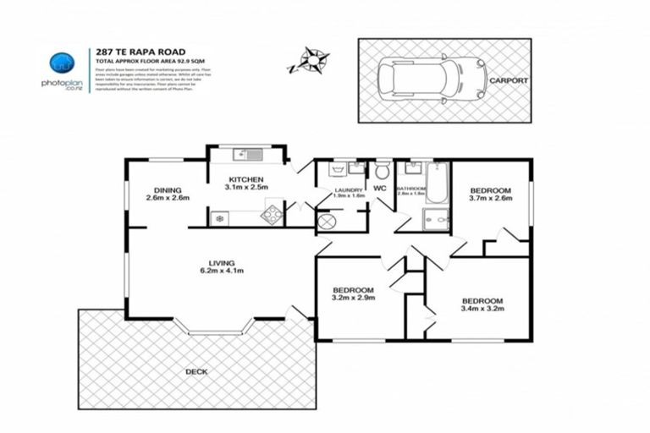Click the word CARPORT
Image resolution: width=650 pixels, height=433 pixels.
coord(507,81)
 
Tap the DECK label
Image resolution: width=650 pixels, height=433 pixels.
coord(196,371)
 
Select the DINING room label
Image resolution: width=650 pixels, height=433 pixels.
coord(168,189)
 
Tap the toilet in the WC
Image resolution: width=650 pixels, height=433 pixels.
coord(381,170)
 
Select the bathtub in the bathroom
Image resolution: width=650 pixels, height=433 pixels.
coord(437,181)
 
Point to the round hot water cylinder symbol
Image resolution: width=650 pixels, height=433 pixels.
coord(327,222)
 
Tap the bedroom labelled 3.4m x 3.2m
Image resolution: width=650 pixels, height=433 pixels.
coord(482,305)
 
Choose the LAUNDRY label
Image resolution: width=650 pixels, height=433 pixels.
coord(348,190)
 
